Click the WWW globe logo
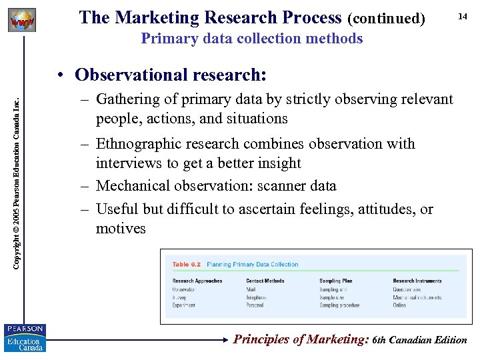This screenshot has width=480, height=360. (21, 21)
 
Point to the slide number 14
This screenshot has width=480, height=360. (461, 16)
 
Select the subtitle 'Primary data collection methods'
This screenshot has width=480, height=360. (252, 39)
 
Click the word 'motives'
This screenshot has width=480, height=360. (121, 229)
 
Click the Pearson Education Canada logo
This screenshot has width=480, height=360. (24, 338)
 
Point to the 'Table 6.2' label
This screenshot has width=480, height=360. (186, 265)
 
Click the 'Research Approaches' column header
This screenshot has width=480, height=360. (197, 281)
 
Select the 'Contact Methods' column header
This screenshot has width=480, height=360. (265, 281)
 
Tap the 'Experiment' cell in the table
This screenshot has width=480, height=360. (184, 305)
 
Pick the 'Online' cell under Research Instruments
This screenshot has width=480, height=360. (399, 305)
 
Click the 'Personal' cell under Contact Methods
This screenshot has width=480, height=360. (255, 305)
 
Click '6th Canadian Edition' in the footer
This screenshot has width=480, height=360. (420, 340)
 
